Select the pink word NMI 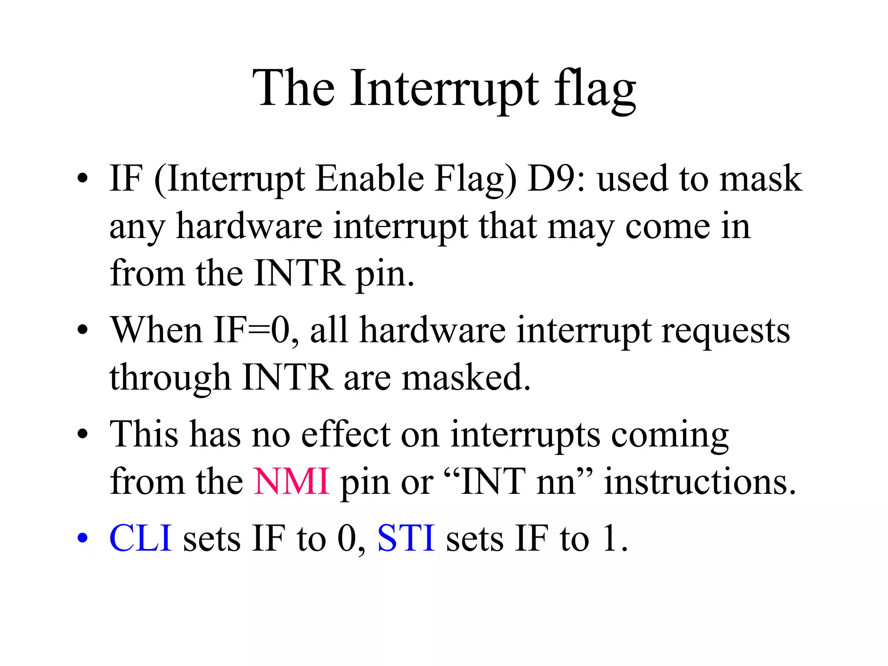(291, 481)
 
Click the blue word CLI (140, 538)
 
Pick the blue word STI (406, 538)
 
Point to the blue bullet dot (82, 538)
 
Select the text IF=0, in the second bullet (256, 330)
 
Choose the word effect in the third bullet (346, 434)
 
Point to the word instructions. (700, 481)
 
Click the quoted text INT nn (518, 481)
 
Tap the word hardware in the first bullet (249, 226)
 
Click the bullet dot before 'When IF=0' (82, 330)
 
